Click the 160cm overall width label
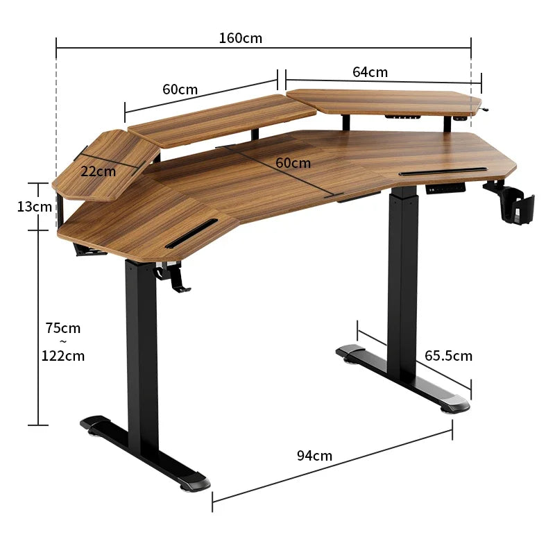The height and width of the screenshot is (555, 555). click(241, 38)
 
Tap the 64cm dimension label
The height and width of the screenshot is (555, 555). click(370, 72)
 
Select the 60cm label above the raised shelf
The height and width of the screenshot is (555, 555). click(180, 89)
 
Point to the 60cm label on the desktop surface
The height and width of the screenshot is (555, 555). click(293, 163)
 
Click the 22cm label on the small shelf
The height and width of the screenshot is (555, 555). click(98, 171)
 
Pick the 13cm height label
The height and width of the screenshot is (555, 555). click(35, 207)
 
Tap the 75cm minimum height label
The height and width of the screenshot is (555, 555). click(62, 327)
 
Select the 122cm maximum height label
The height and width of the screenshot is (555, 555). click(63, 356)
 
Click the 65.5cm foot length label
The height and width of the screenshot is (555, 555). click(448, 356)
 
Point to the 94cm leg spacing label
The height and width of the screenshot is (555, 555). click(314, 456)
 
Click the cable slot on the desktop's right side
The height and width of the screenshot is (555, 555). click(444, 171)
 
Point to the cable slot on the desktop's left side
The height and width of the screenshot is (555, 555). click(192, 232)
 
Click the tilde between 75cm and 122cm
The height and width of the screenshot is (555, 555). click(62, 341)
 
